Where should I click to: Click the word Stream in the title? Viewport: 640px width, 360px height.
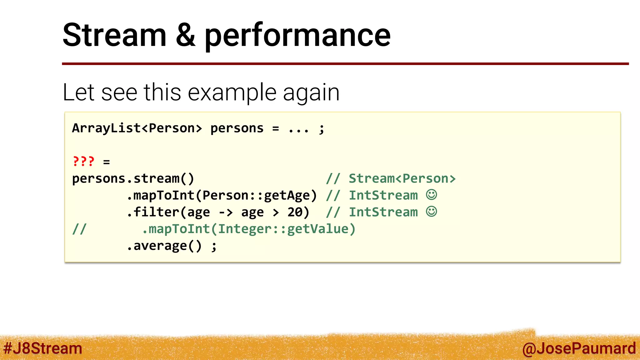(x=114, y=35)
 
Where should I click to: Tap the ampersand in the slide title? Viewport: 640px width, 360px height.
(x=186, y=35)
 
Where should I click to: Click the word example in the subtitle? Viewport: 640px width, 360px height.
(x=232, y=92)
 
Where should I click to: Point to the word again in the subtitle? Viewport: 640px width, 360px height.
(x=311, y=93)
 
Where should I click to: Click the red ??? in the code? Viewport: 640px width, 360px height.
(x=83, y=162)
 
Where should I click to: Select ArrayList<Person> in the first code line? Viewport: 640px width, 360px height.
(x=137, y=128)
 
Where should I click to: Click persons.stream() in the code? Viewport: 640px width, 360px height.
(x=133, y=179)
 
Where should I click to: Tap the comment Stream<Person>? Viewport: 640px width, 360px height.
(x=402, y=179)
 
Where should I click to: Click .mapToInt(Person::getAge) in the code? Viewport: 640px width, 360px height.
(x=222, y=196)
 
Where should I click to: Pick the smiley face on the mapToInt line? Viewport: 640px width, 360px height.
(x=432, y=195)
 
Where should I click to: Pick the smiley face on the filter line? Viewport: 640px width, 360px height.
(x=432, y=212)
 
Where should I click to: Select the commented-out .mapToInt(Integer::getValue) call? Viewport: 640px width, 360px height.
(x=249, y=229)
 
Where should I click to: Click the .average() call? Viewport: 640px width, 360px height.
(x=165, y=246)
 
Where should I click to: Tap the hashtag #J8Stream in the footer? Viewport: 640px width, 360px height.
(x=42, y=348)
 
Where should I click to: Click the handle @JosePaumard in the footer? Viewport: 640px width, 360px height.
(x=579, y=348)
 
